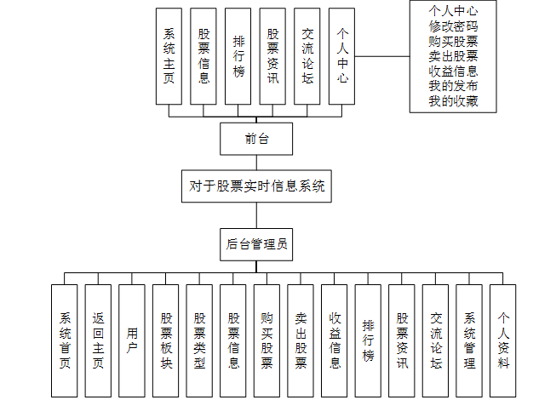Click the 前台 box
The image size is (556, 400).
tap(256, 139)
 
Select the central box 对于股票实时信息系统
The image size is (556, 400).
tap(256, 186)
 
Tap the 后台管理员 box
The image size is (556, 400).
tap(256, 245)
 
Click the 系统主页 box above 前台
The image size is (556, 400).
tap(169, 56)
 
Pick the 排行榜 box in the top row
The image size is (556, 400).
tap(238, 56)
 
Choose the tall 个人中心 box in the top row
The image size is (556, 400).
tap(342, 56)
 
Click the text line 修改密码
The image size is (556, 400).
tap(453, 26)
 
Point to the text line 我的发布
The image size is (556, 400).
tap(453, 87)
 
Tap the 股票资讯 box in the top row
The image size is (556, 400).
tap(273, 56)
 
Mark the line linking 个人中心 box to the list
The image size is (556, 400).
tap(381, 58)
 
